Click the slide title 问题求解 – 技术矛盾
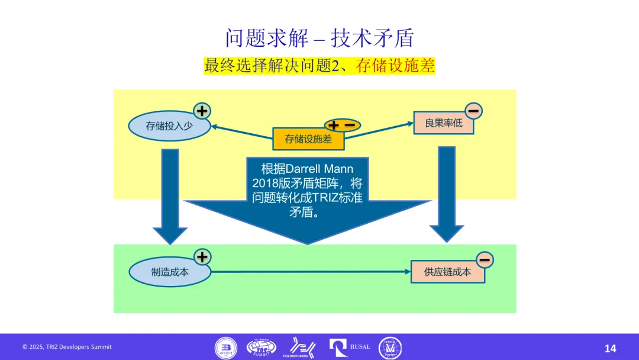point(319,38)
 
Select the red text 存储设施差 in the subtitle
point(395,66)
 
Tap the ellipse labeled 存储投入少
point(169,126)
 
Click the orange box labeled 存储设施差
point(308,139)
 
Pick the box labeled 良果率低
point(443,123)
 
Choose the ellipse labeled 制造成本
point(170,272)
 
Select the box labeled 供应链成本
point(447,272)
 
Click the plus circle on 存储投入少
point(202,111)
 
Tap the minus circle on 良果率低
point(473,110)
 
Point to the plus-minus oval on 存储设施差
point(342,125)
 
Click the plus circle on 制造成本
point(202,256)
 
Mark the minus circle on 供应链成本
point(484,259)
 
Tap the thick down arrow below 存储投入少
point(170,195)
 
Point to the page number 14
point(610,348)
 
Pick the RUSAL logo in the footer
point(350,348)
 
